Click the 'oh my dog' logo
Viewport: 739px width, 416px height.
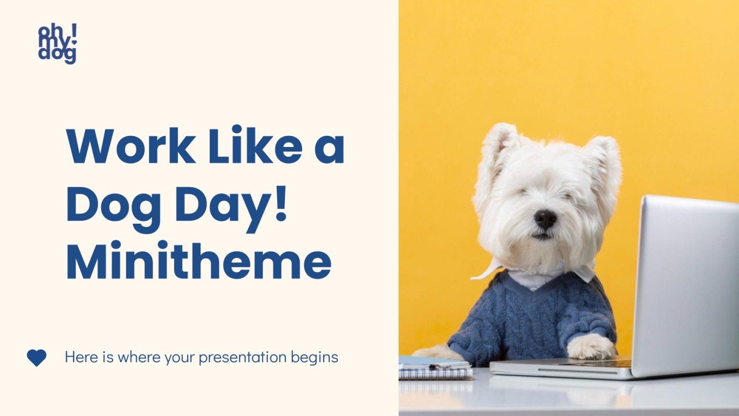57,45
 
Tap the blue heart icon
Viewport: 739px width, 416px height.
36,357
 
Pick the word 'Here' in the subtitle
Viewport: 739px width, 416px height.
80,357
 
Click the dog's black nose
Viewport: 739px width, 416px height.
545,219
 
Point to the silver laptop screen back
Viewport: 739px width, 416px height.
688,282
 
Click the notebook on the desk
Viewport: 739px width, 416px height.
435,368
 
